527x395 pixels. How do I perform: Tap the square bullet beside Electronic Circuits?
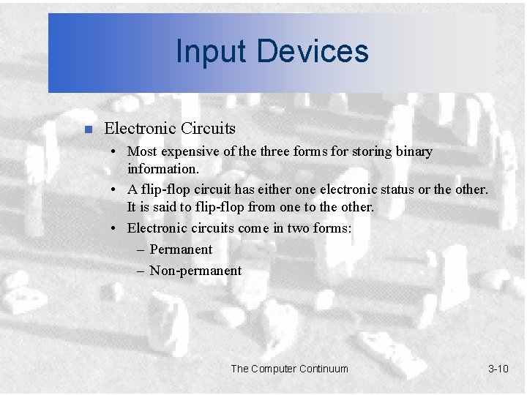tap(87, 130)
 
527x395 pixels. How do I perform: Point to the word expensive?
tap(191, 152)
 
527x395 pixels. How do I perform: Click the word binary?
tap(414, 151)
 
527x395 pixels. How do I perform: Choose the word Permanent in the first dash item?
tap(181, 249)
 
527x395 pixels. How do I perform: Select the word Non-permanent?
tap(195, 271)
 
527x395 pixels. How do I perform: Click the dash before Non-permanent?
tap(141, 271)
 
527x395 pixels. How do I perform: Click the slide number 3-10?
tap(498, 369)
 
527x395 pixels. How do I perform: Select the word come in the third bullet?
tap(252, 228)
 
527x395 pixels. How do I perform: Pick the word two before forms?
tap(294, 228)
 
